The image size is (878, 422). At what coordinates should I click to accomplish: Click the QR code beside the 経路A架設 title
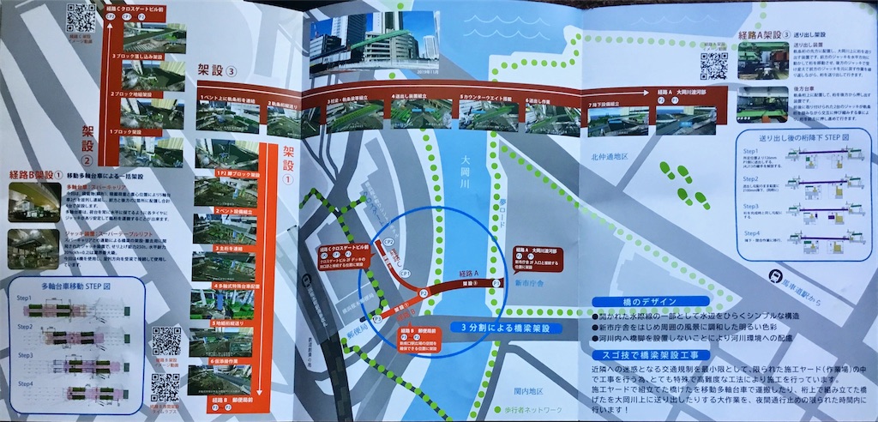point(713,65)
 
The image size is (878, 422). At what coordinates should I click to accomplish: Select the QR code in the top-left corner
point(81,17)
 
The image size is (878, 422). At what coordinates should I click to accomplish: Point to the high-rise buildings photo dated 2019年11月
point(375,43)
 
